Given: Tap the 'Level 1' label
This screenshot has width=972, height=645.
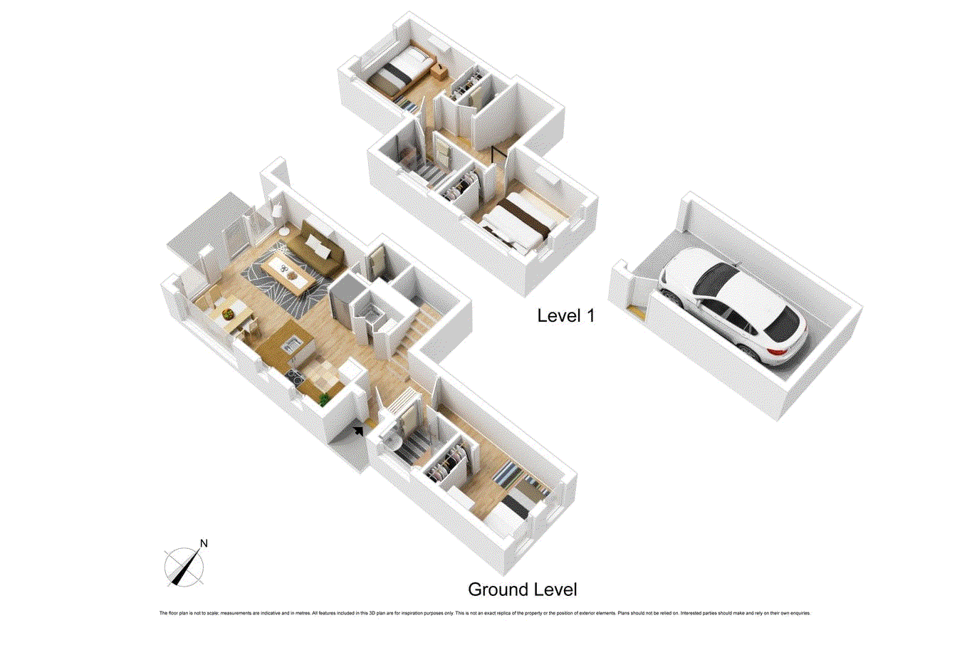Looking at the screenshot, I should [x=565, y=315].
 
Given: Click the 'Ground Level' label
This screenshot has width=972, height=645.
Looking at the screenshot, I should [x=522, y=589].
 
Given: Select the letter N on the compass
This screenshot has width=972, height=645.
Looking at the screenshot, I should [x=204, y=544].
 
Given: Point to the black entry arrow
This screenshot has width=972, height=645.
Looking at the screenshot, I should [x=358, y=430].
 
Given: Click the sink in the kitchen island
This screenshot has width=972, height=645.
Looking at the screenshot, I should [x=292, y=346].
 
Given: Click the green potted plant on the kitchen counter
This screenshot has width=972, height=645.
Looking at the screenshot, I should [x=325, y=398].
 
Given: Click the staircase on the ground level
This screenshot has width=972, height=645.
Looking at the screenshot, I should [x=413, y=331].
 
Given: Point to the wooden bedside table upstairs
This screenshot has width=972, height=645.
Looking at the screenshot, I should [x=440, y=70].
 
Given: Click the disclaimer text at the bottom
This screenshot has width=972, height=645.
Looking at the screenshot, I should [x=484, y=613].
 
